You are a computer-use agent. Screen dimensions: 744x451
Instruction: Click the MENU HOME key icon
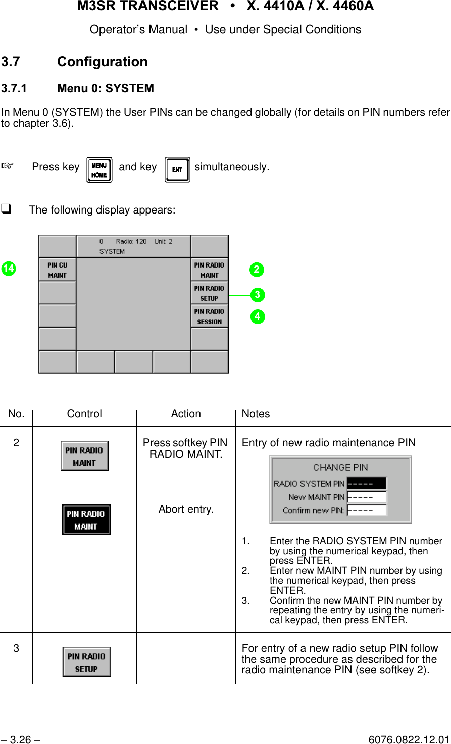[99, 170]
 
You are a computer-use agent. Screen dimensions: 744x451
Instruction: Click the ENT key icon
[177, 170]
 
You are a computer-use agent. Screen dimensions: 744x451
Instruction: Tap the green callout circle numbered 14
[8, 269]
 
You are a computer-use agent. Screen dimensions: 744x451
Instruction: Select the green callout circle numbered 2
[257, 270]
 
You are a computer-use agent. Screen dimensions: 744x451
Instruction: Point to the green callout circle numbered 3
[257, 294]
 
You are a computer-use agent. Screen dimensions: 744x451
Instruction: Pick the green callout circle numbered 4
[257, 316]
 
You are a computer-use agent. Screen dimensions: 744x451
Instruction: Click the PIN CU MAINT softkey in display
[57, 270]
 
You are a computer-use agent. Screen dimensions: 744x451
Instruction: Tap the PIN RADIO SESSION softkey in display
[209, 316]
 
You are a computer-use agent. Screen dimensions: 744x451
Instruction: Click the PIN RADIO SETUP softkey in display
[209, 293]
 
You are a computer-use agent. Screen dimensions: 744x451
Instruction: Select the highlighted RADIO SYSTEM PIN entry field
[367, 484]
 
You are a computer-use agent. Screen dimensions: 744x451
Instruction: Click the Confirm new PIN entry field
[367, 510]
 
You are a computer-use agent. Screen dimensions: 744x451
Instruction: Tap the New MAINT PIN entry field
[367, 497]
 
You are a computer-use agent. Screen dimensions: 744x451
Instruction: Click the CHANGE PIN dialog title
[340, 467]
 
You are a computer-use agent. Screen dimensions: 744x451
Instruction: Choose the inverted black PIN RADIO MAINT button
[86, 519]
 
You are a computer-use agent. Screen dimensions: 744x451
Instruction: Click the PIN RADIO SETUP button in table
[86, 662]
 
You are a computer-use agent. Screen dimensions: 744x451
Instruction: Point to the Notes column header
[256, 414]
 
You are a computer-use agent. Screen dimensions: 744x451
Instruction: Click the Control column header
[84, 414]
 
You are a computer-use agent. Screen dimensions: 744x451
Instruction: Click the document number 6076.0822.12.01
[409, 740]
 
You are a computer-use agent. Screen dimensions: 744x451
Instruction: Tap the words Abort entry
[186, 509]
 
